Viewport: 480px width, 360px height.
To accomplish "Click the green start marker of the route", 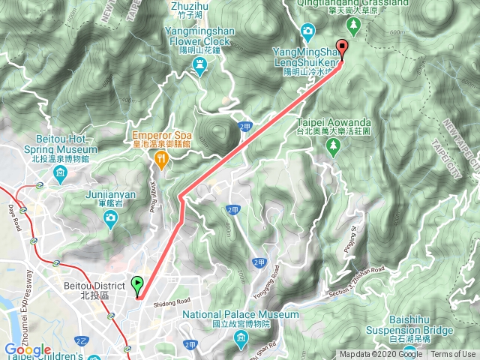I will (x=137, y=285).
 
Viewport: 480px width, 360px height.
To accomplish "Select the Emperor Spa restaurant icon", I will (x=160, y=159).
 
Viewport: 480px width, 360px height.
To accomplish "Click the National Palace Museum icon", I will (x=241, y=341).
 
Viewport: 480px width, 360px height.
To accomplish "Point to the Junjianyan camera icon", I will (x=111, y=218).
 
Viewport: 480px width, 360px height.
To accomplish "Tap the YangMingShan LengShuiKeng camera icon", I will (x=307, y=31).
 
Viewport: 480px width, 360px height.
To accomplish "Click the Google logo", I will (x=27, y=350).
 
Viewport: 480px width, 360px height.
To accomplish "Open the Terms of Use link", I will (x=453, y=355).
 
